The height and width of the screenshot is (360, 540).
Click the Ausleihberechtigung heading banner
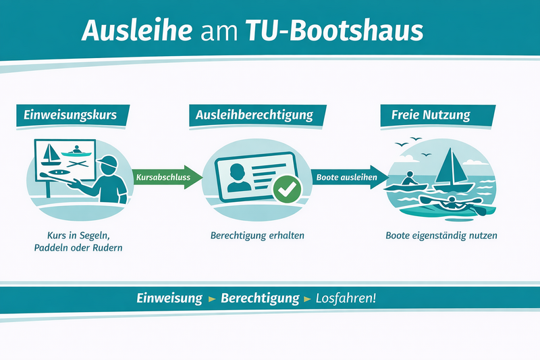tap(254, 115)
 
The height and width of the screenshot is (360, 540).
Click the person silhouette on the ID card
tap(238, 176)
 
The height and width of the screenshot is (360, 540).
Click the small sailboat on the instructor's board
tap(50, 155)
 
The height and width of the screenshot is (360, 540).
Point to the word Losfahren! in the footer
tap(346, 298)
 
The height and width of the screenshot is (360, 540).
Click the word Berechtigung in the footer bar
tap(260, 298)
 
